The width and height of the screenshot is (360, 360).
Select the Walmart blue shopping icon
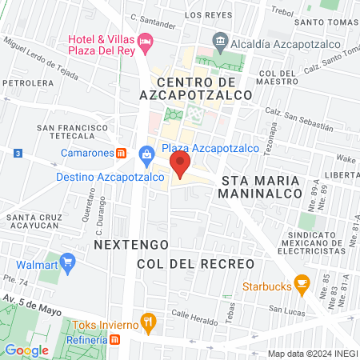67,261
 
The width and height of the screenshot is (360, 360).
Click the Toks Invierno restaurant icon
147,322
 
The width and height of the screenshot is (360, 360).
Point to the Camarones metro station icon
121,152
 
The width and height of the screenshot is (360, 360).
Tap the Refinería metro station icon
115,340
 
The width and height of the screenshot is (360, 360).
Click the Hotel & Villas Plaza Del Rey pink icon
145,40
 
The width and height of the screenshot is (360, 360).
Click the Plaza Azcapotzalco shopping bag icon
146,153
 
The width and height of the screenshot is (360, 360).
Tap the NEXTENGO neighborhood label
119,242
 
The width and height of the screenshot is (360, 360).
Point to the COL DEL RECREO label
195,263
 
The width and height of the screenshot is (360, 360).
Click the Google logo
26,350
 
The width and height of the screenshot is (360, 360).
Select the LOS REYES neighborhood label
203,15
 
